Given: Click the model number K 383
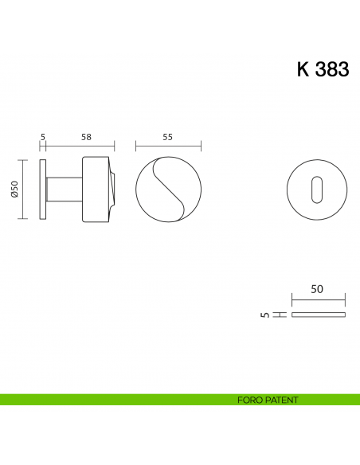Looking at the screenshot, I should (x=323, y=69).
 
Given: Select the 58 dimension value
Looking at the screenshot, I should (x=86, y=137).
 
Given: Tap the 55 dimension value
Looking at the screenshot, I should (x=168, y=137).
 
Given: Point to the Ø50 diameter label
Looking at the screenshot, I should (x=14, y=189).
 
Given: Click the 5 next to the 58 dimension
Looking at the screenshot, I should (x=42, y=137).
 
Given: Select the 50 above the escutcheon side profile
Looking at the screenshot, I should (x=317, y=291).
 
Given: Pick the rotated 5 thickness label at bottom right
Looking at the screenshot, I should (x=264, y=315).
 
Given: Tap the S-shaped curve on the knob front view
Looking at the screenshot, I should (x=168, y=189).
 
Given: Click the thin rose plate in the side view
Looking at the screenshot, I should (x=42, y=189).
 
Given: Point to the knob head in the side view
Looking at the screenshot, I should (x=96, y=189).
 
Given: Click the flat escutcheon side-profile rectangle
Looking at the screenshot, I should (x=319, y=315).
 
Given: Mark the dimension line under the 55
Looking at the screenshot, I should (x=168, y=147).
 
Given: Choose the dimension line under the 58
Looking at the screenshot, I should (x=80, y=147).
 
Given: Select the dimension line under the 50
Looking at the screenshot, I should (x=319, y=301).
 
